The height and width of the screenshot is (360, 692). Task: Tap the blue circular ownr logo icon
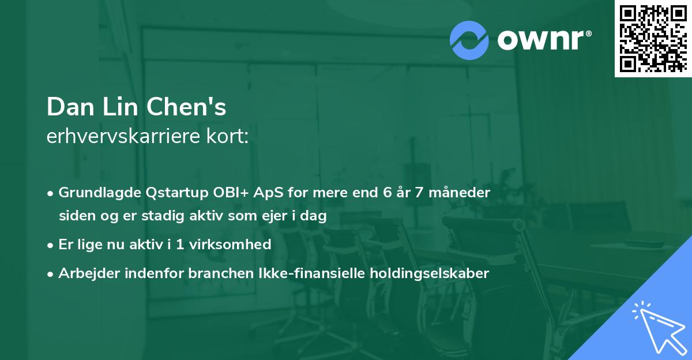coord(469,40)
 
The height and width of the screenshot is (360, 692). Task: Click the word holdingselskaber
coord(420,273)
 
